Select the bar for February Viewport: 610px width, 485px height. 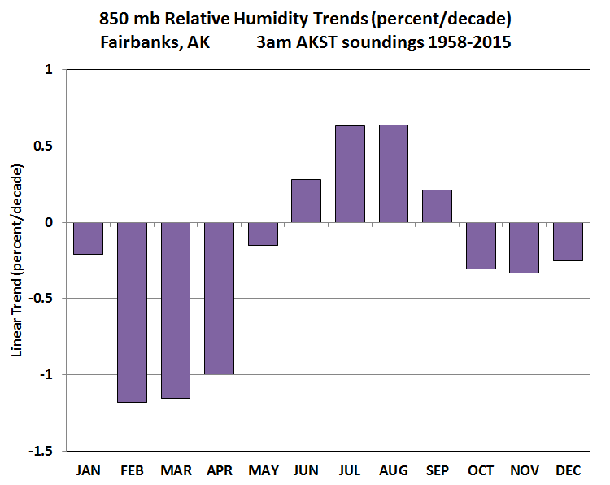[132, 312]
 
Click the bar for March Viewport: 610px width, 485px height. [176, 310]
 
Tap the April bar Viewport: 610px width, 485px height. [219, 298]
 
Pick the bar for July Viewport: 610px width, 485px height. [350, 174]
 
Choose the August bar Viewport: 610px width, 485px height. [394, 173]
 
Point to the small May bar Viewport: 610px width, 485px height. [263, 234]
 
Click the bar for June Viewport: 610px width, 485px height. [306, 201]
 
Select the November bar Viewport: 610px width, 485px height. [525, 247]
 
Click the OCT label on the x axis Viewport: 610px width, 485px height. [481, 470]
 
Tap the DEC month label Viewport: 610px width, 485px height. [569, 470]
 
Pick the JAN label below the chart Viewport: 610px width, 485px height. [88, 470]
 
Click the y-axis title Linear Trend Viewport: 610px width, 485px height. [17, 260]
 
